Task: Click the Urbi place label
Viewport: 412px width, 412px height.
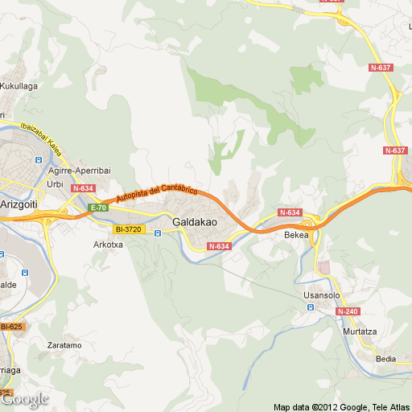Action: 56,184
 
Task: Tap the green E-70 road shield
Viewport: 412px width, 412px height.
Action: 98,208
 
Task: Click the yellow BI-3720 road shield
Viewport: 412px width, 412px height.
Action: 127,229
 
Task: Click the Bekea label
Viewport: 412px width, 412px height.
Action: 296,236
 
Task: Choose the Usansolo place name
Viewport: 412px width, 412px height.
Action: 322,295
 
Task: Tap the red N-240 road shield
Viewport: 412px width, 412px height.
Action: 348,311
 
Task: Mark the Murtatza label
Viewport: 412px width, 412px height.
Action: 360,332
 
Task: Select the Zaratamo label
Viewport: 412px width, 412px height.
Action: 64,344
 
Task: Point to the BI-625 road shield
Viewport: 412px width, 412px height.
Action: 11,326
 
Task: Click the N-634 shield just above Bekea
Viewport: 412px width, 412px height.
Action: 290,212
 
